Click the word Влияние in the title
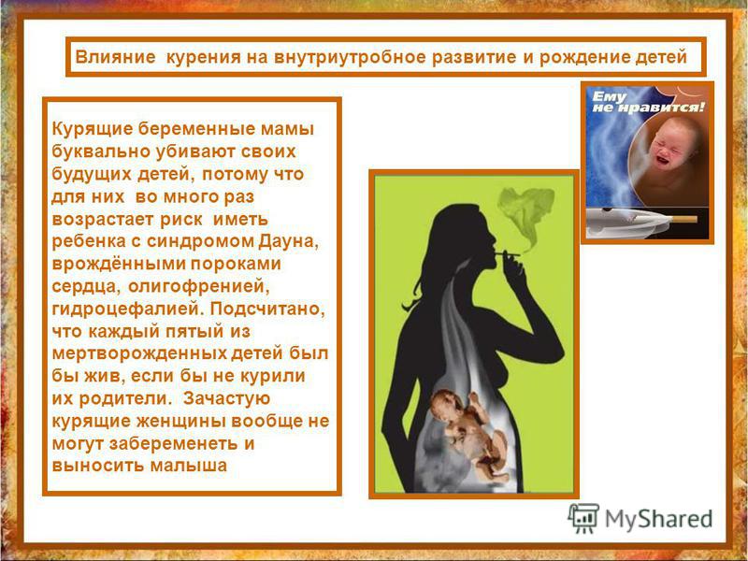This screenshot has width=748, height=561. pos(115,57)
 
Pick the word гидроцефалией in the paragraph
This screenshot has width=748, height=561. pos(128,309)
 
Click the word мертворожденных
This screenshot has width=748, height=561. pos(139,353)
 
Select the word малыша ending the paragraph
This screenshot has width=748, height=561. pos(189,466)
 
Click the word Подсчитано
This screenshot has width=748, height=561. pos(267,309)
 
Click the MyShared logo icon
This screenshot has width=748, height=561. pos(583,518)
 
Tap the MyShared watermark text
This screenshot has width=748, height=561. pos(659,519)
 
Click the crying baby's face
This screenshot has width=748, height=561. pos(670,143)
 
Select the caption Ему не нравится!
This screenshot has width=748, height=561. pos(647,102)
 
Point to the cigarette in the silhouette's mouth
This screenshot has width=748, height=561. pos(507,253)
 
